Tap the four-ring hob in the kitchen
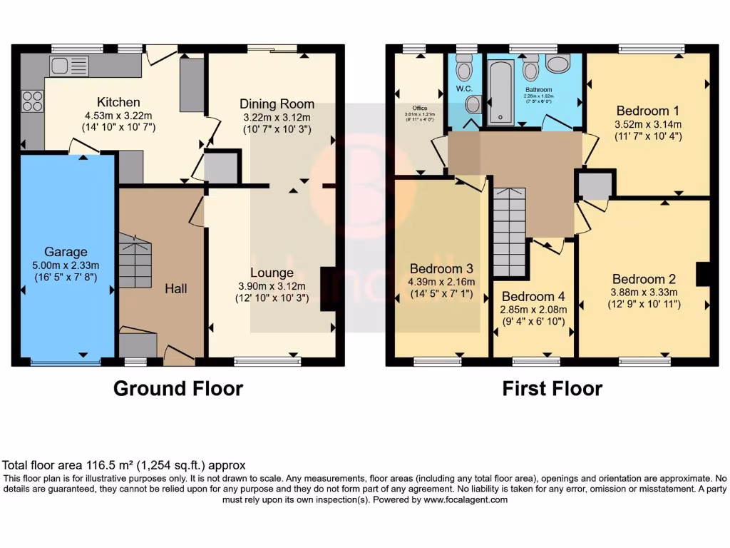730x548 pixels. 32,101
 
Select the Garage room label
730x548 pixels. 66,252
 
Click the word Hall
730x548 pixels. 175,288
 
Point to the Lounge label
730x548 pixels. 272,273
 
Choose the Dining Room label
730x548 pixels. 277,104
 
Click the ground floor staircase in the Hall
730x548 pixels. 135,263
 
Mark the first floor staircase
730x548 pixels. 510,232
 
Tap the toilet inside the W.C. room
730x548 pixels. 465,71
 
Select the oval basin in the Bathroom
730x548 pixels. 557,64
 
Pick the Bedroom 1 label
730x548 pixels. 647,111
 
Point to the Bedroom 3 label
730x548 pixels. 441,269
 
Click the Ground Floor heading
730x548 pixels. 178,389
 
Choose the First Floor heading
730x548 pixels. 552,389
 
